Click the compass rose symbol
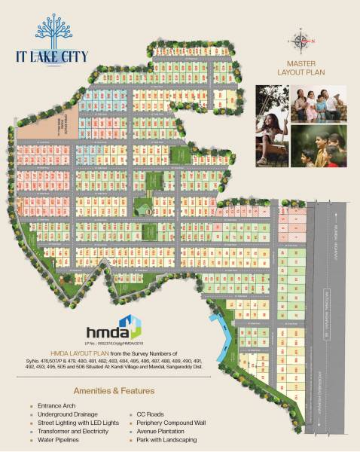(x=301, y=40)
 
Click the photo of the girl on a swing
(x=272, y=121)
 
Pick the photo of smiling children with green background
(x=316, y=147)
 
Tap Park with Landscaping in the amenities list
(x=172, y=438)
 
